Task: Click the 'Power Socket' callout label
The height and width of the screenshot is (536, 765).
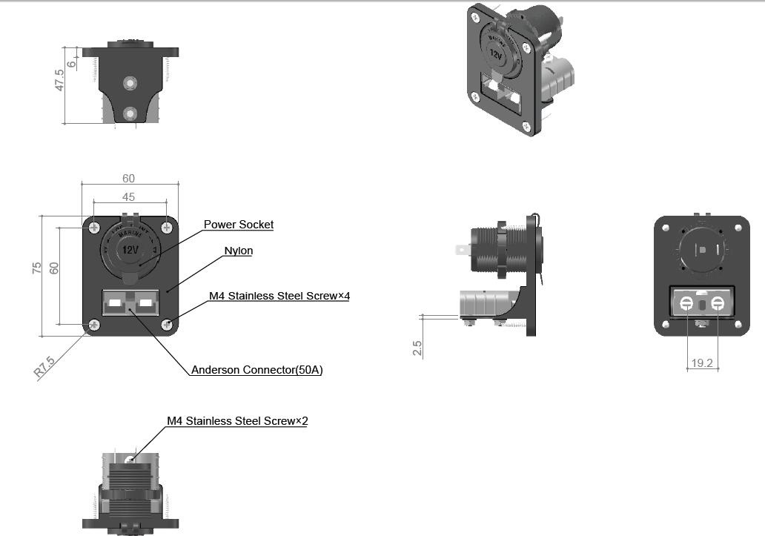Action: pos(239,225)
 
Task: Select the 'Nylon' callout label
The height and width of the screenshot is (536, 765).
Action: pos(239,251)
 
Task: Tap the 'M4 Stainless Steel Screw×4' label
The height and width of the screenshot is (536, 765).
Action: pos(279,296)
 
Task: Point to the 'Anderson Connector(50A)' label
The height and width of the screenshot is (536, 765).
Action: pos(256,370)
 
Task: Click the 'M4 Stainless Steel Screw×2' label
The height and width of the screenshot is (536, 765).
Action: pos(237,421)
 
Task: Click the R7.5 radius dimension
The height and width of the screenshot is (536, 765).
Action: pos(44,367)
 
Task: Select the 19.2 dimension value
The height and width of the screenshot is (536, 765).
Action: pos(701,363)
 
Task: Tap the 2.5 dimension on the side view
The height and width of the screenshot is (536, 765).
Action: pos(417,348)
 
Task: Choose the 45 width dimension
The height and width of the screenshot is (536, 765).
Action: pos(128,196)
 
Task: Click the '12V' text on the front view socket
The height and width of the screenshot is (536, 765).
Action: pos(130,250)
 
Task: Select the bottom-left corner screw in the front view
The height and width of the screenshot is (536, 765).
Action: pos(94,324)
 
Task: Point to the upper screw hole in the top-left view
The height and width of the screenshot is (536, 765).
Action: pos(130,83)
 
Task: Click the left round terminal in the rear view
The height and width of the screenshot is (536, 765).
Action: pos(686,304)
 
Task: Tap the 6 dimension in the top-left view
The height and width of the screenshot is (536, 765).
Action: pos(71,64)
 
